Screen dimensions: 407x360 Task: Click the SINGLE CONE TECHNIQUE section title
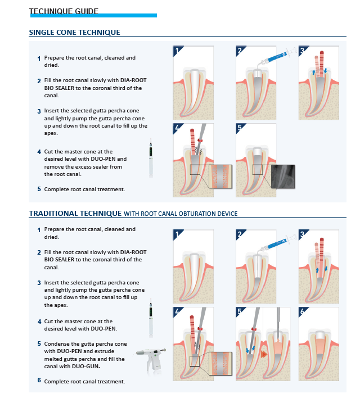(x=74, y=32)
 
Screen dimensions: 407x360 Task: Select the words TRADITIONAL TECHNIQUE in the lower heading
(x=75, y=213)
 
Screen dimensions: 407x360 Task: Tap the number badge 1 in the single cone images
(x=177, y=51)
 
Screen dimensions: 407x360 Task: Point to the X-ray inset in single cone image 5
(x=282, y=176)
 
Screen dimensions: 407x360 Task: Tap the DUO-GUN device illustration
(x=151, y=359)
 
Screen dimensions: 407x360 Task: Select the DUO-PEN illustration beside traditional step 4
(x=151, y=319)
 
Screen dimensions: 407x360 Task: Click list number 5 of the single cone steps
(x=39, y=189)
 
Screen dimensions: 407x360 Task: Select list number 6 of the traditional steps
(x=39, y=381)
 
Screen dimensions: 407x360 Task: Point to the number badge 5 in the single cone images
(x=240, y=128)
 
